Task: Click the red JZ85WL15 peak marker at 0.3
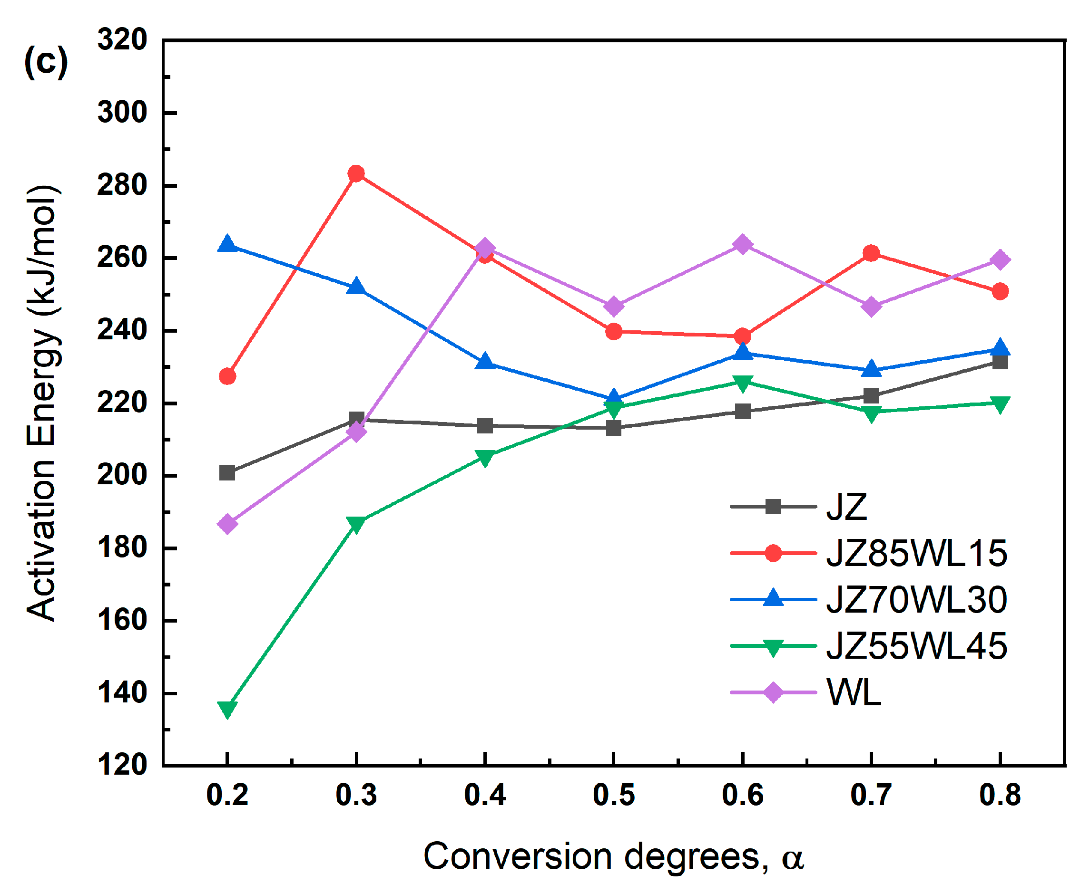[x=356, y=173]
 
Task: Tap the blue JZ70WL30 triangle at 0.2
[x=227, y=244]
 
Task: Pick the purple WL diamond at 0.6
[x=742, y=244]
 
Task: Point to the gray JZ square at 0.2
[x=227, y=472]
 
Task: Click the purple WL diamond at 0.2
[x=227, y=524]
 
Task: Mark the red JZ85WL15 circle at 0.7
[x=871, y=253]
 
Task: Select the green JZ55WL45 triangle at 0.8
[x=1000, y=404]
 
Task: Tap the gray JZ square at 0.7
[x=871, y=395]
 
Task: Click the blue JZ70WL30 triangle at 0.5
[x=613, y=397]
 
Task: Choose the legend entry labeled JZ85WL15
[x=916, y=554]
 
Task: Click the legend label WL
[x=853, y=692]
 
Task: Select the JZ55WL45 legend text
[x=916, y=646]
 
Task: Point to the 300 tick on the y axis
[x=122, y=112]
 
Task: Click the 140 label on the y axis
[x=122, y=693]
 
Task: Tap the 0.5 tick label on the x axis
[x=613, y=795]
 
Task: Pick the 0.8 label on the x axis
[x=1000, y=795]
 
